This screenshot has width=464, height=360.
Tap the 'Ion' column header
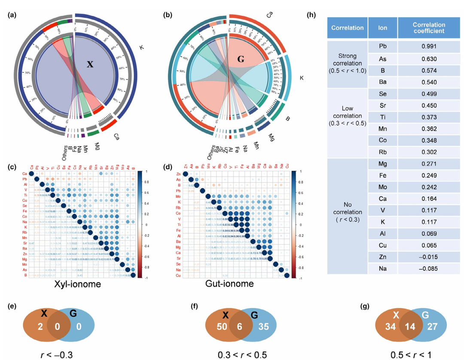pyautogui.click(x=382, y=28)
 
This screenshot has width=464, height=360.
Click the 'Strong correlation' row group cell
pyautogui.click(x=347, y=64)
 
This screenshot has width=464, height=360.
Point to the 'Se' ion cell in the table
pyautogui.click(x=382, y=93)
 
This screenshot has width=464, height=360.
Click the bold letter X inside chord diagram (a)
pyautogui.click(x=90, y=64)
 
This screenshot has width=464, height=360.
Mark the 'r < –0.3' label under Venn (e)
pyautogui.click(x=56, y=354)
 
